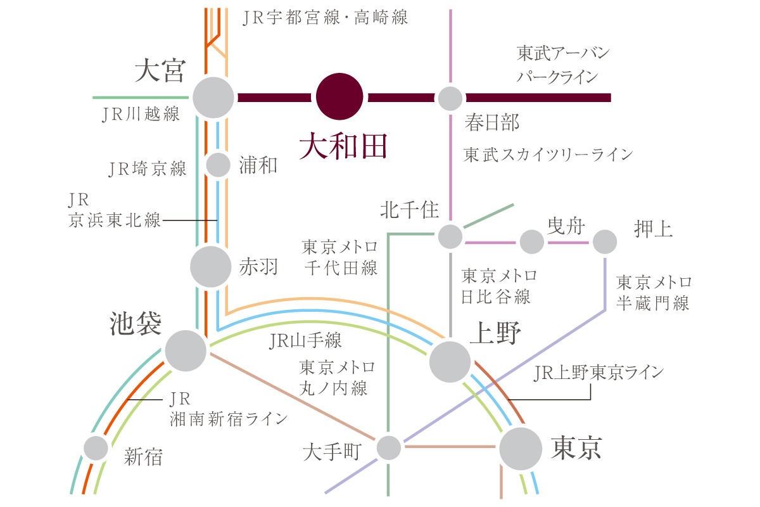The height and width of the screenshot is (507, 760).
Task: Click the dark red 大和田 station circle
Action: tap(339, 98)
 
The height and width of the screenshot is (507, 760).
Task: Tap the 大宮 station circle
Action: tap(213, 98)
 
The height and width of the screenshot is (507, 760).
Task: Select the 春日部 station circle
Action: tap(450, 98)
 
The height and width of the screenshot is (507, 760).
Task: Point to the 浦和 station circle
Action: tap(218, 165)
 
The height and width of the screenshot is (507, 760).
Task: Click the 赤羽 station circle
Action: tap(211, 267)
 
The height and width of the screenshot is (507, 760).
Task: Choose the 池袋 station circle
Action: tap(186, 350)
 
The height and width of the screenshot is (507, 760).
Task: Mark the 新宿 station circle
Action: tap(96, 448)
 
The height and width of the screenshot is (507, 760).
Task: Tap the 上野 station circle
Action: tap(450, 361)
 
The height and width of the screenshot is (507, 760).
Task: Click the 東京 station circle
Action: tap(521, 449)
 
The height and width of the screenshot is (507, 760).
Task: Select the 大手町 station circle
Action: tap(389, 448)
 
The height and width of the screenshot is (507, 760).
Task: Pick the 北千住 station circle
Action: tap(450, 237)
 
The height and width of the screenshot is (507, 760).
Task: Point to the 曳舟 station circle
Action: tap(532, 241)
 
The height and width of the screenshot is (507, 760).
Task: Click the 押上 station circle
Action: tap(604, 241)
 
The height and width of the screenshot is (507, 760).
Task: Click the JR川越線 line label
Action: tap(141, 115)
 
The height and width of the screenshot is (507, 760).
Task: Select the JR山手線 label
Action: tap(305, 341)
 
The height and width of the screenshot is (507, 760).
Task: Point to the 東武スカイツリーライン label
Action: tap(548, 154)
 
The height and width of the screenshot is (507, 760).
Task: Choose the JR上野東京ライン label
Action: tap(598, 372)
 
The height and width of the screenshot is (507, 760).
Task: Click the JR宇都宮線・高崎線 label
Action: tap(326, 17)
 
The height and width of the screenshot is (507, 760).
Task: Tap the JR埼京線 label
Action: tap(148, 169)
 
